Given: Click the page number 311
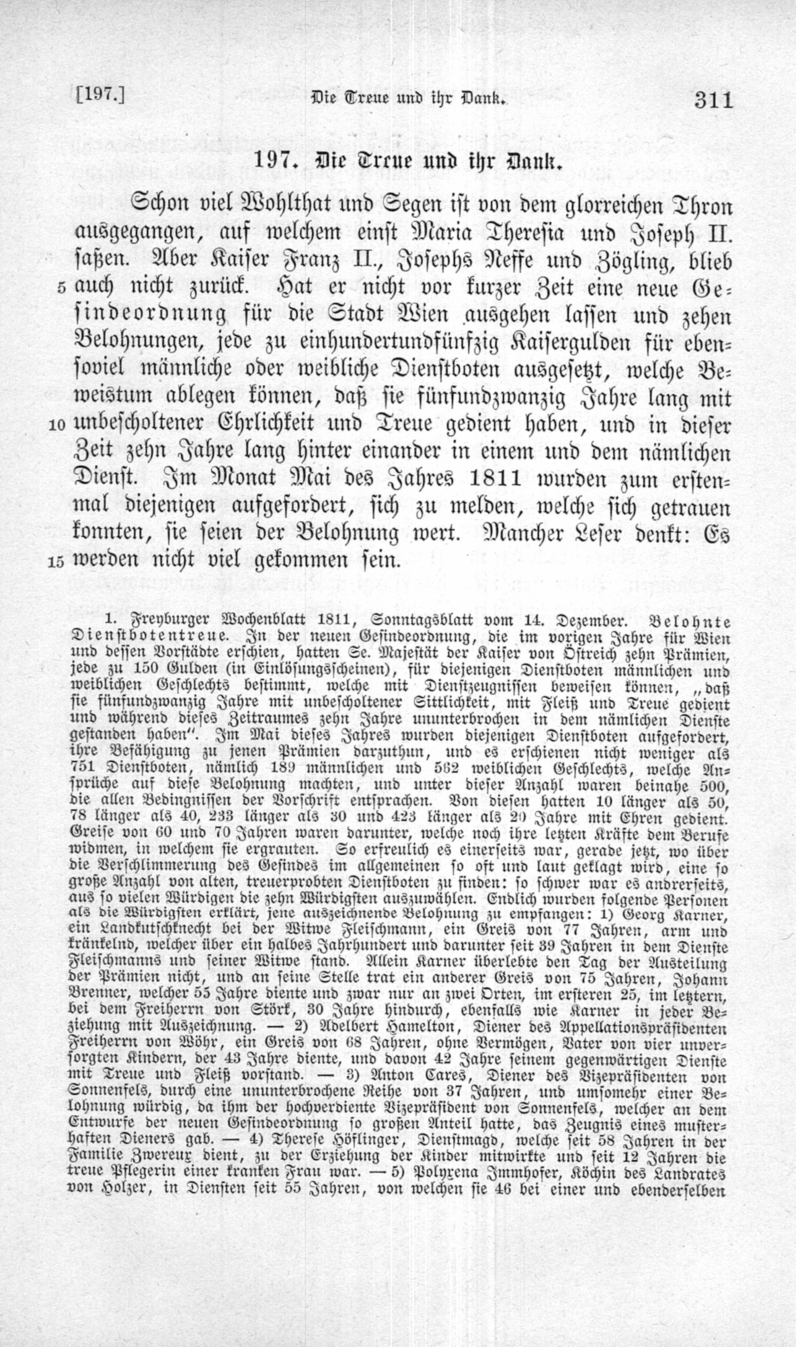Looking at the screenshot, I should tap(713, 100).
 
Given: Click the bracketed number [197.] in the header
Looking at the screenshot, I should tap(100, 96).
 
